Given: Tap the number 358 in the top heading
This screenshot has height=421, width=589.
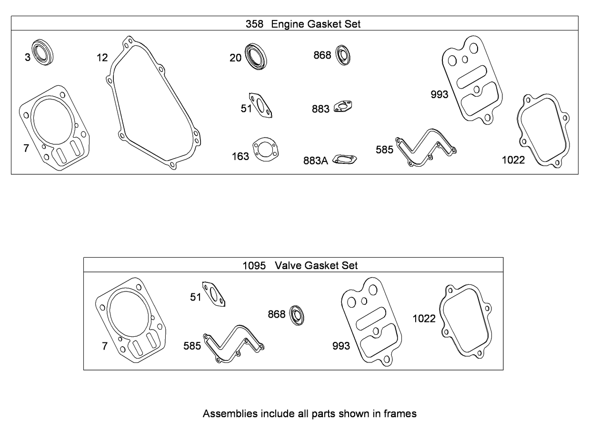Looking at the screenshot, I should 254,24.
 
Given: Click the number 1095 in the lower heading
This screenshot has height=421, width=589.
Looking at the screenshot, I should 253,265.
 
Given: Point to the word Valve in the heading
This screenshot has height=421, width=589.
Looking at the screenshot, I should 289,265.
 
